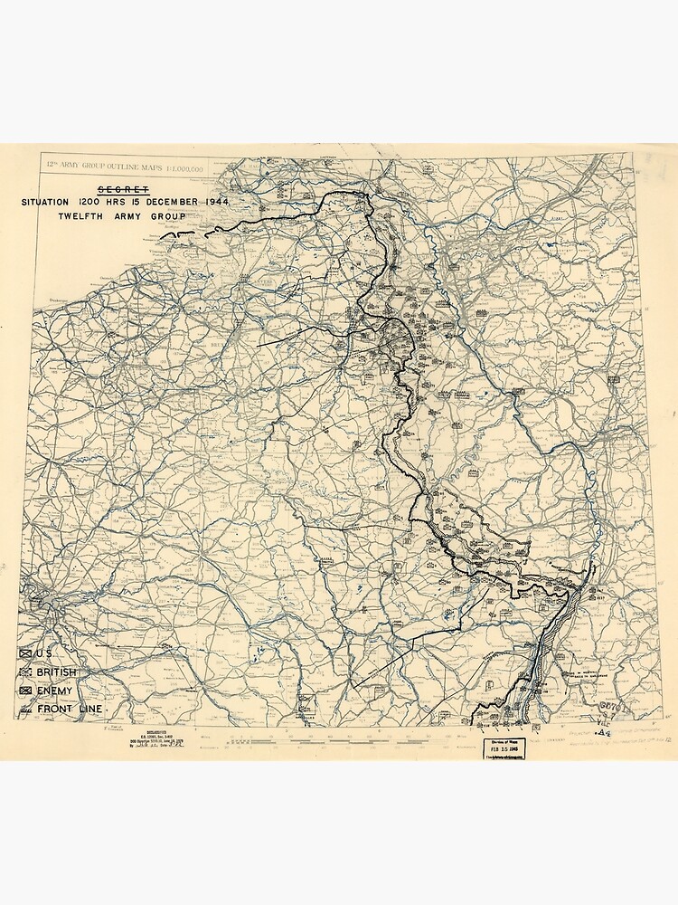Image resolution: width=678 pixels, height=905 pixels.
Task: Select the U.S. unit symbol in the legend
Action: point(25,653)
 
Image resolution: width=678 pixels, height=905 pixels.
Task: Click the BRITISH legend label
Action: point(57,672)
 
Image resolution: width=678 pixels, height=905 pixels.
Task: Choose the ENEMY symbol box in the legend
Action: point(25,691)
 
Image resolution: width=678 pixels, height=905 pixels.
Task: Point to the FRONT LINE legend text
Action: point(71,709)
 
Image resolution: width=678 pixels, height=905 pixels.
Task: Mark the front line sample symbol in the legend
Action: point(25,709)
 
